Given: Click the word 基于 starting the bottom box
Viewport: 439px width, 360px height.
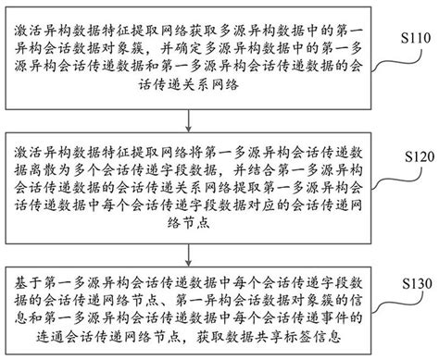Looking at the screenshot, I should coord(29,276).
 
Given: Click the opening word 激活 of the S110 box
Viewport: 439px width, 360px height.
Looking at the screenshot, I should coord(29,17).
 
